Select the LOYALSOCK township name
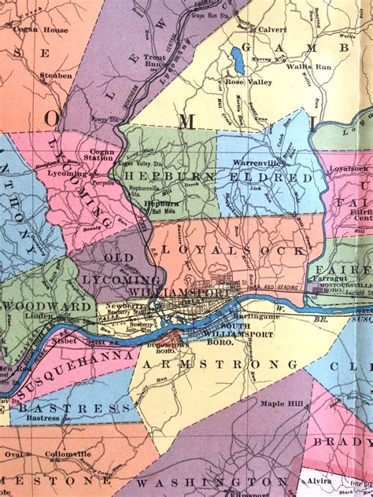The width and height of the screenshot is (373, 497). tap(232, 249)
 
